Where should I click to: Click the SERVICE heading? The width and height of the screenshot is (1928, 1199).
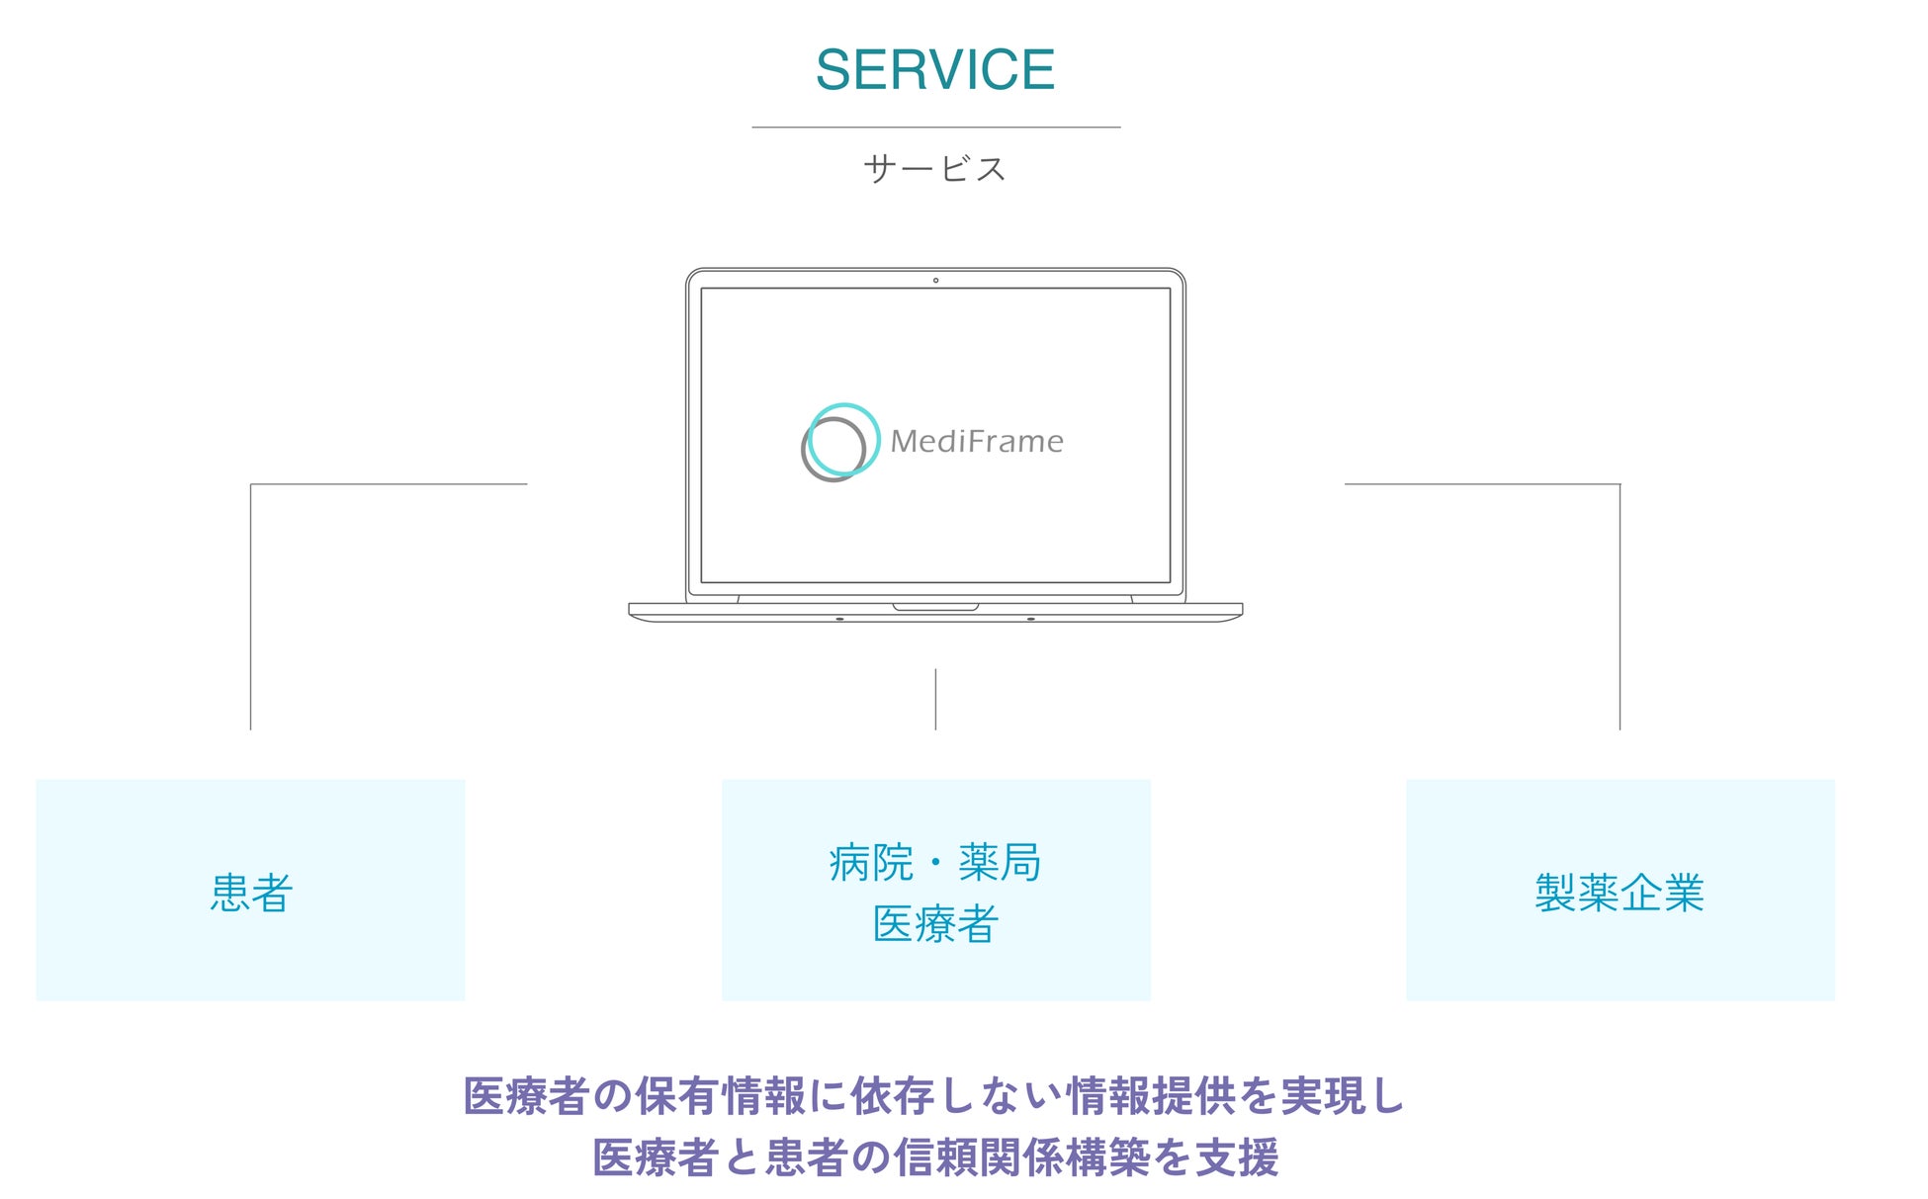tap(934, 70)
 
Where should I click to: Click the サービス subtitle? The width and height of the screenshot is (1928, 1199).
tap(934, 169)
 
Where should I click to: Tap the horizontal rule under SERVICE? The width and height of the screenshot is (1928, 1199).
tap(935, 128)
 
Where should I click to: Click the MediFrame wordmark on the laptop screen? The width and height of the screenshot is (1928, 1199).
tap(977, 441)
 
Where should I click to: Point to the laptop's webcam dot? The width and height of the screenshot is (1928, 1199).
tap(935, 281)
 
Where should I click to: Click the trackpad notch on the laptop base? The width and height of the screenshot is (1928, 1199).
tap(935, 607)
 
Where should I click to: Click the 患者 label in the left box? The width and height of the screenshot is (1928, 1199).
tap(251, 893)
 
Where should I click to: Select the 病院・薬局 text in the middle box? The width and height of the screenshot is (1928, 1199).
tap(934, 862)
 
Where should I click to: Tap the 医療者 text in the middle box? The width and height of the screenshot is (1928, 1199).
tap(934, 924)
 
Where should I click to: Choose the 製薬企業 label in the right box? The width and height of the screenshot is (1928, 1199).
tap(1620, 893)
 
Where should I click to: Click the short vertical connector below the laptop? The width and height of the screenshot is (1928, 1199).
tap(935, 699)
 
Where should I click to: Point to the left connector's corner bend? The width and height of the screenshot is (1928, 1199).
tap(251, 484)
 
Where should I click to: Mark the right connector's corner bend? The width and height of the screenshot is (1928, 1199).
tap(1620, 484)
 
